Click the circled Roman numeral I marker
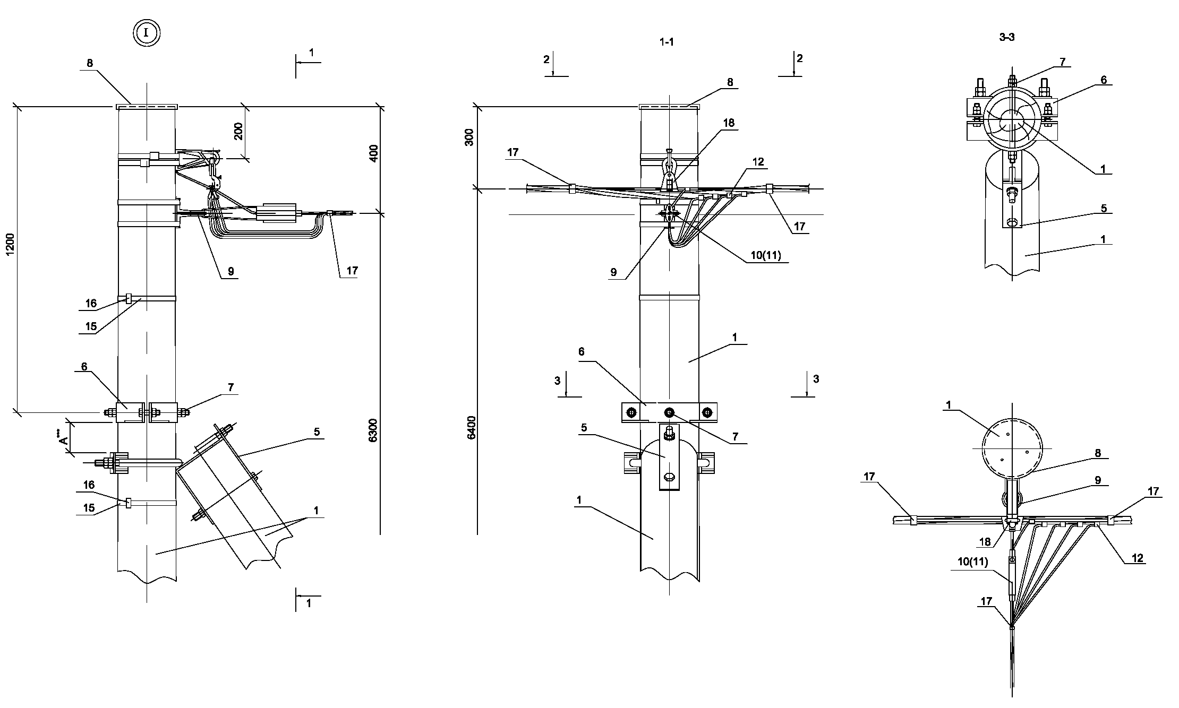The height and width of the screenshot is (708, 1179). [147, 33]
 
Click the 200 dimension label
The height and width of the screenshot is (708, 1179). [238, 131]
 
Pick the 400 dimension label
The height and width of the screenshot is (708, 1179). [373, 153]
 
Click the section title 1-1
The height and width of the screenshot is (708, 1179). [667, 42]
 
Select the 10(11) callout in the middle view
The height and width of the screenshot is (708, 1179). [765, 255]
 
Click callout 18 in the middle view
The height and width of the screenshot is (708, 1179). [729, 123]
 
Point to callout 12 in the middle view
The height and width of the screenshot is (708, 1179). [758, 162]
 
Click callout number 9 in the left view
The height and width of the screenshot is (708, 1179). [230, 271]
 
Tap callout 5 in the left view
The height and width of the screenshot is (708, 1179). [317, 432]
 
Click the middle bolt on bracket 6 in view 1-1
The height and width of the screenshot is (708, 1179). [669, 412]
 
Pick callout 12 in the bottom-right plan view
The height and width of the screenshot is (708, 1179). [1138, 558]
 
